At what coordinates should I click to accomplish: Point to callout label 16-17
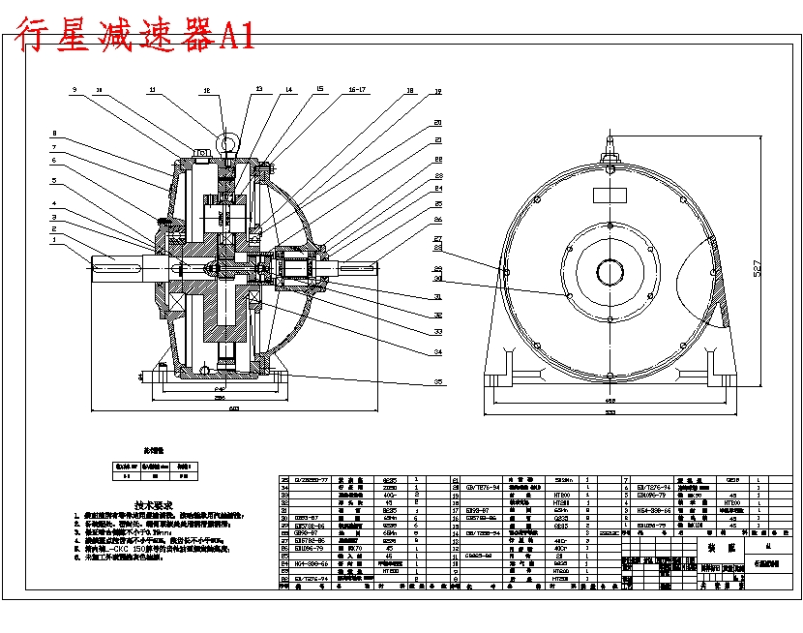click(355, 89)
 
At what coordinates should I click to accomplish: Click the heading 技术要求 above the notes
click(153, 505)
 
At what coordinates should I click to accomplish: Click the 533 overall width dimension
click(610, 413)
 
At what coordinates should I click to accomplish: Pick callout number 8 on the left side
click(55, 134)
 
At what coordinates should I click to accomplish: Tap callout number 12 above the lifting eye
click(206, 90)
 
